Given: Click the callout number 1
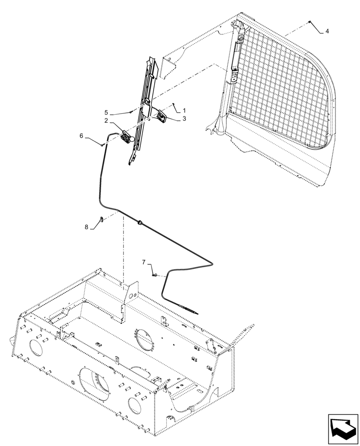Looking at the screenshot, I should click(184, 110).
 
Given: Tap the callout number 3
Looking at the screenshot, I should click(184, 119).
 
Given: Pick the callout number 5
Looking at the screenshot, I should click(106, 112).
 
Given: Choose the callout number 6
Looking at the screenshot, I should click(82, 136).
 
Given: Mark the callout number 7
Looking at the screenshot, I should click(144, 262).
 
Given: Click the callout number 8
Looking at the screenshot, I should click(86, 227).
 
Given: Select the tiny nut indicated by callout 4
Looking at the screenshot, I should click(309, 22).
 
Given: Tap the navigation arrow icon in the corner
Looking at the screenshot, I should click(343, 429).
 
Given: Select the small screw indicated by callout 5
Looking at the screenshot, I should click(131, 111).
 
